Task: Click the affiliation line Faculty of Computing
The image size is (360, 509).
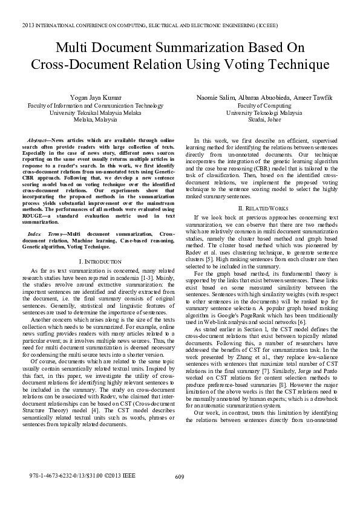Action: tap(265, 105)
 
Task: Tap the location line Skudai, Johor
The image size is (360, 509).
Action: tap(265, 120)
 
